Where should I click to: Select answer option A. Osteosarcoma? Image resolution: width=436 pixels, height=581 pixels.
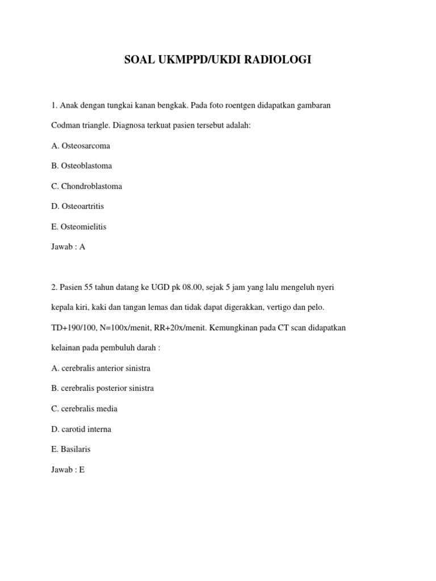point(81,146)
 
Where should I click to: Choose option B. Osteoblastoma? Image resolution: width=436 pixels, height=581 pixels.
point(81,166)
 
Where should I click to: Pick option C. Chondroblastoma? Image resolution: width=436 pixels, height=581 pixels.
point(86,186)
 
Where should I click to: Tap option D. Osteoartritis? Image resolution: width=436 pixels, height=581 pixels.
point(77,207)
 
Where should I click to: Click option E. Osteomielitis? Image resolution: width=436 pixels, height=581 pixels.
point(78,226)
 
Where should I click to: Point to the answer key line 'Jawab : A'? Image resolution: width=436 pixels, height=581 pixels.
point(68,247)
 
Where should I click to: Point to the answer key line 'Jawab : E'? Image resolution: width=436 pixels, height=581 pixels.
point(68,469)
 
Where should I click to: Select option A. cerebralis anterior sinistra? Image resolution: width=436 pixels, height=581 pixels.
point(100,368)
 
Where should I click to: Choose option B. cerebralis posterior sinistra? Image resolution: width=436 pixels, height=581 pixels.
point(102,389)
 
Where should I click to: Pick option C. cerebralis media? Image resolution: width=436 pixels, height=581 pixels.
point(84,409)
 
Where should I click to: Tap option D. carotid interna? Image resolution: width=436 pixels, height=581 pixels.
point(81,429)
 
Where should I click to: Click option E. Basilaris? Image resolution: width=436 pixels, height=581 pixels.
point(70,449)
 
